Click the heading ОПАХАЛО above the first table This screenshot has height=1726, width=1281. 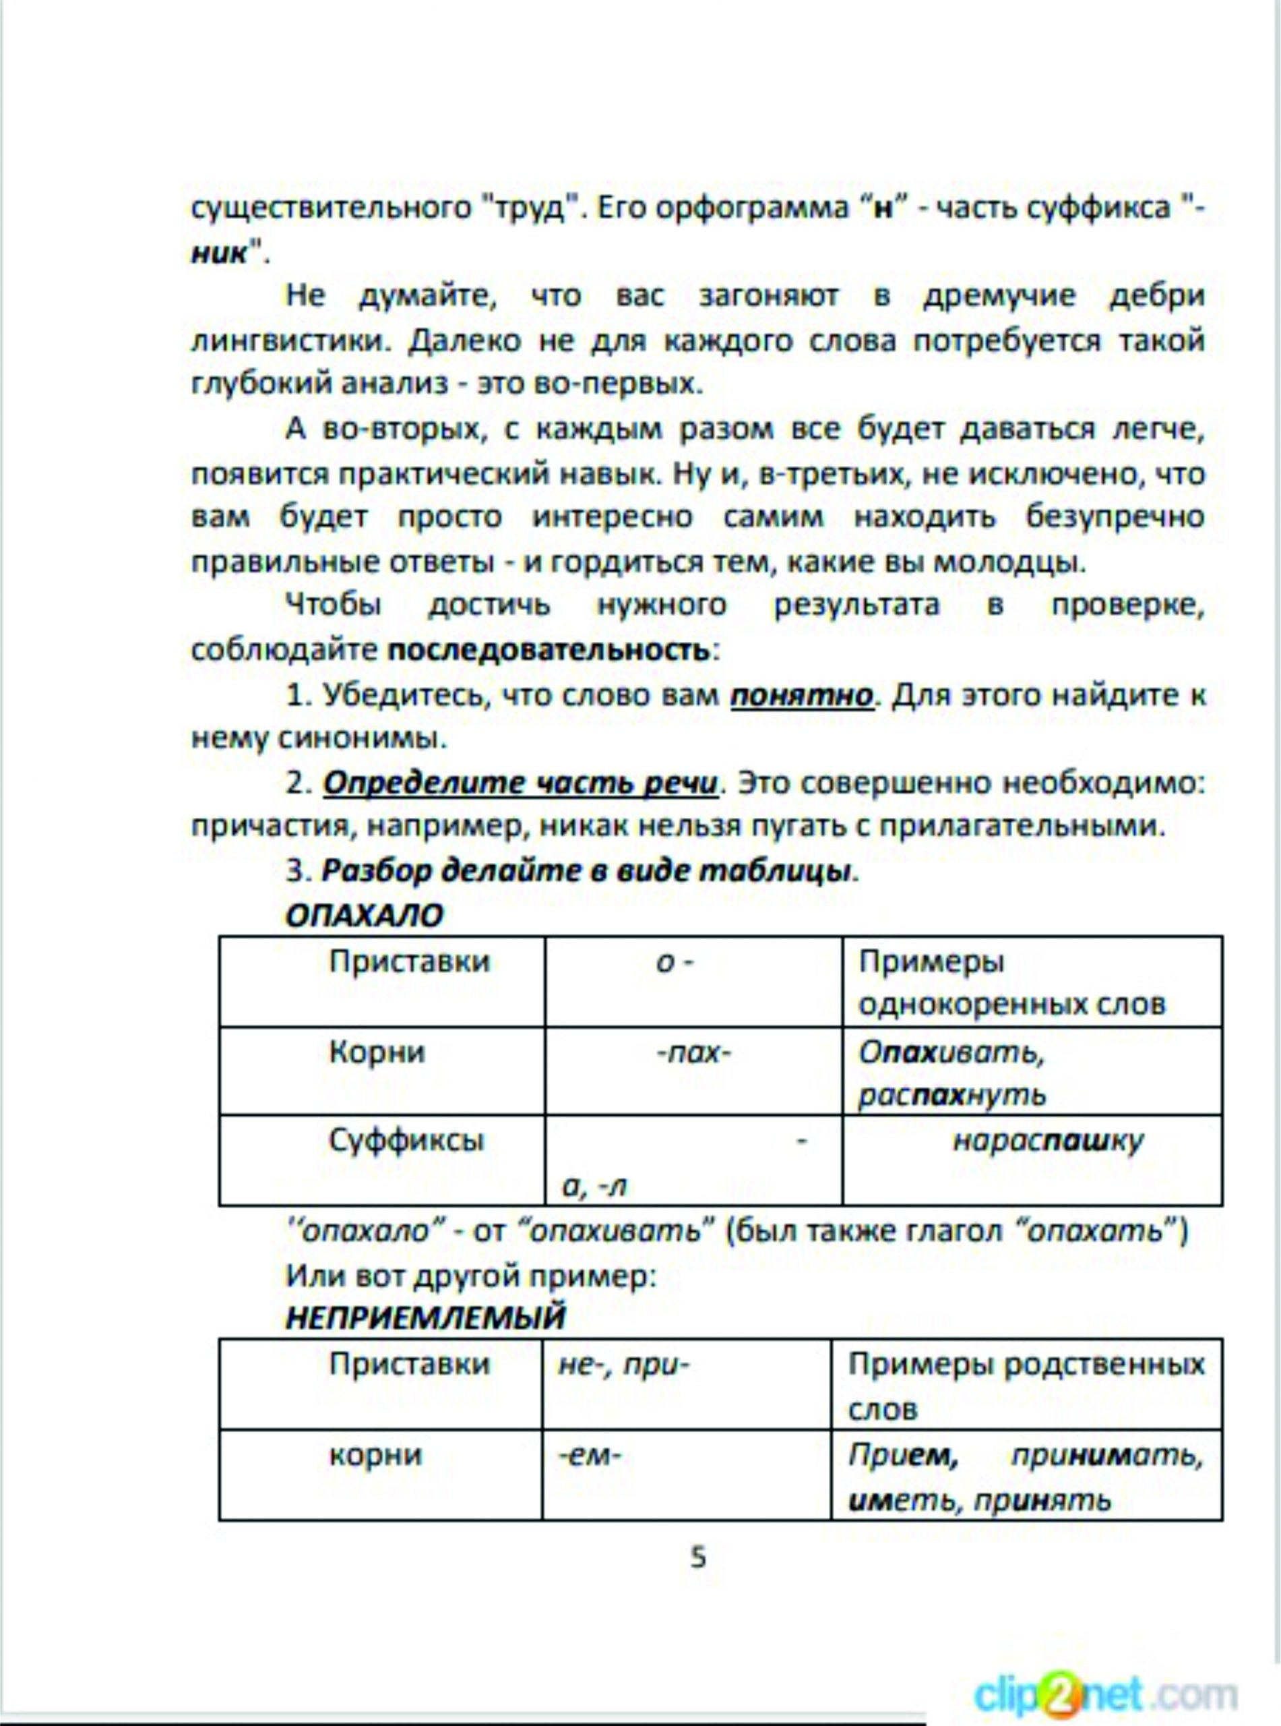coord(364,916)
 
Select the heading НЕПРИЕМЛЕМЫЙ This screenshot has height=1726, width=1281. coord(426,1317)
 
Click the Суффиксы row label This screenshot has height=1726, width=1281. coord(406,1140)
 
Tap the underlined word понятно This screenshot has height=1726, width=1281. coord(802,694)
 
